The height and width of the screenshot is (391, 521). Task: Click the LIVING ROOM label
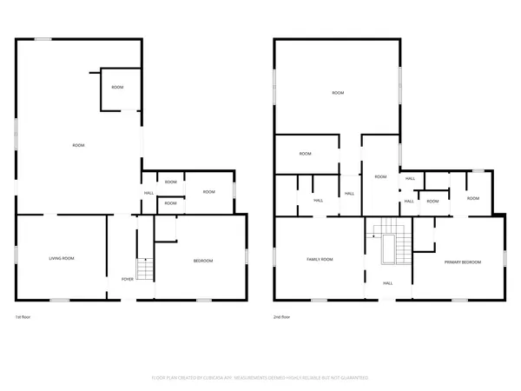coord(61,258)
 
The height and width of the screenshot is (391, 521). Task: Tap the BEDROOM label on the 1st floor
coord(202,261)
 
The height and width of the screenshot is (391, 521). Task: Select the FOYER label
coord(127,279)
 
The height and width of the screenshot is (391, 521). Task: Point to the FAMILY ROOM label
coord(320,260)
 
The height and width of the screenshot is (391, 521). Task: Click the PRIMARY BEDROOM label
coord(463,262)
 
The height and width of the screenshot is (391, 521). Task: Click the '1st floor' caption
coord(23,317)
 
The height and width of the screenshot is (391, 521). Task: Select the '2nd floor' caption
coord(283,317)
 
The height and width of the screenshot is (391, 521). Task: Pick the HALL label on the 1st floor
coord(148,193)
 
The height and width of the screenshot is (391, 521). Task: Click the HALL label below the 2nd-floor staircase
coord(387,282)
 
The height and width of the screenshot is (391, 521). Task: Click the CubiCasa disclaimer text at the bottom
coord(260,378)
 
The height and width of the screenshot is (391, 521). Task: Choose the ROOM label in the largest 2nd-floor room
coord(337,93)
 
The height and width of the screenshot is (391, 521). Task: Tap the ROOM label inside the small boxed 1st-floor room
coord(117,87)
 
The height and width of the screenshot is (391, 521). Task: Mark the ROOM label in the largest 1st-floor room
coord(78,145)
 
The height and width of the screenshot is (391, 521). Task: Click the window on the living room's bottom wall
coord(59,301)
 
